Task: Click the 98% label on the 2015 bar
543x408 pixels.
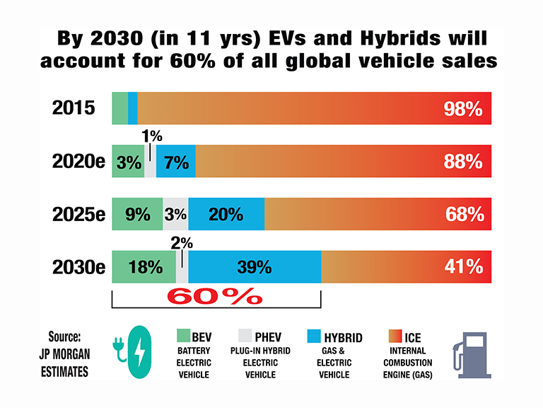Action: [x=463, y=109]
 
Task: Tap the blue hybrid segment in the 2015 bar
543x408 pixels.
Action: [x=133, y=108]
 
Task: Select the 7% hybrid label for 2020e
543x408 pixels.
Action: [x=175, y=162]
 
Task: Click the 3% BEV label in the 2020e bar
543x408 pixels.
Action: [x=129, y=162]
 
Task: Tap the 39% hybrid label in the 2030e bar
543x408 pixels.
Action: [x=255, y=267]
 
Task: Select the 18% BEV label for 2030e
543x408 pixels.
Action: [x=146, y=267]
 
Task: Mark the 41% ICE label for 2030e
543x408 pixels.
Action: [x=464, y=267]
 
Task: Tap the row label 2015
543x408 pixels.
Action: [x=74, y=108]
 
